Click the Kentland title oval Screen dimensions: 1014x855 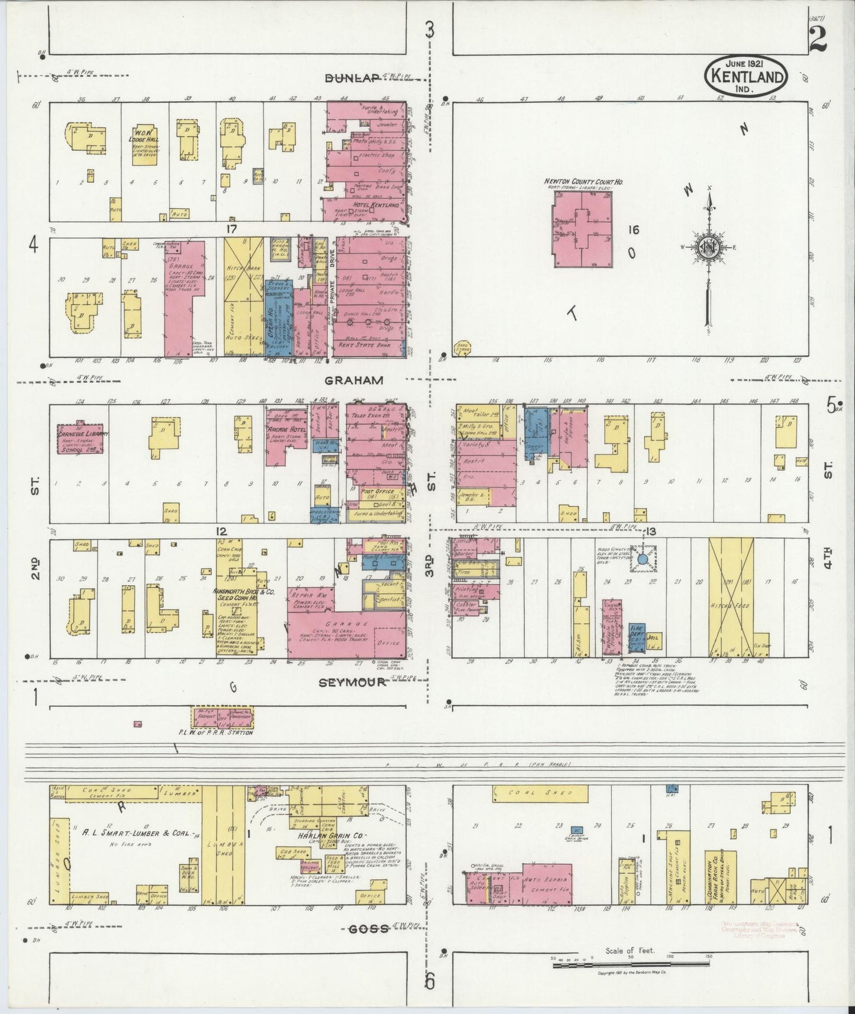click(x=747, y=76)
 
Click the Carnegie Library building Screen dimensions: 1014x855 click(x=81, y=439)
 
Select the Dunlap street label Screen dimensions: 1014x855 click(x=352, y=79)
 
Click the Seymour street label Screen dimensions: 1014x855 click(x=352, y=682)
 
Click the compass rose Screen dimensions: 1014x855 click(x=707, y=247)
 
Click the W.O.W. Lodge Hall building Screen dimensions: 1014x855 click(x=145, y=146)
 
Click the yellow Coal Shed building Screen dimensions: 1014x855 click(x=540, y=792)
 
